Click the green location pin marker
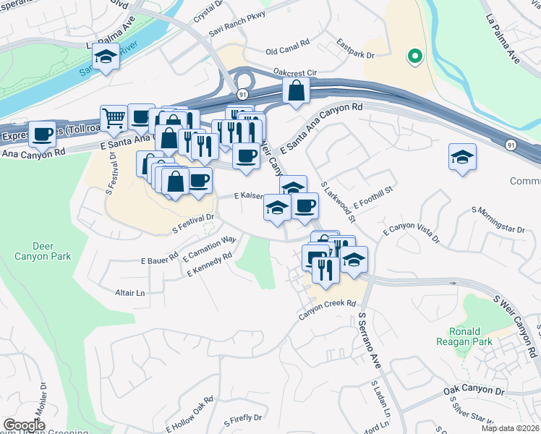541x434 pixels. coord(414,55)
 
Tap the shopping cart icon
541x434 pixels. coord(114,119)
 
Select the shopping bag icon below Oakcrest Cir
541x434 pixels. coord(297,91)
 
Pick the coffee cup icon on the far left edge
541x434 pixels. coord(43,134)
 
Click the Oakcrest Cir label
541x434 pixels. coord(296,72)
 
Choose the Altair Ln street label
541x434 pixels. coord(130,293)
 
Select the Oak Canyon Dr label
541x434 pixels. coord(473,391)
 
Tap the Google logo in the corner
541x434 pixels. coord(25,425)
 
